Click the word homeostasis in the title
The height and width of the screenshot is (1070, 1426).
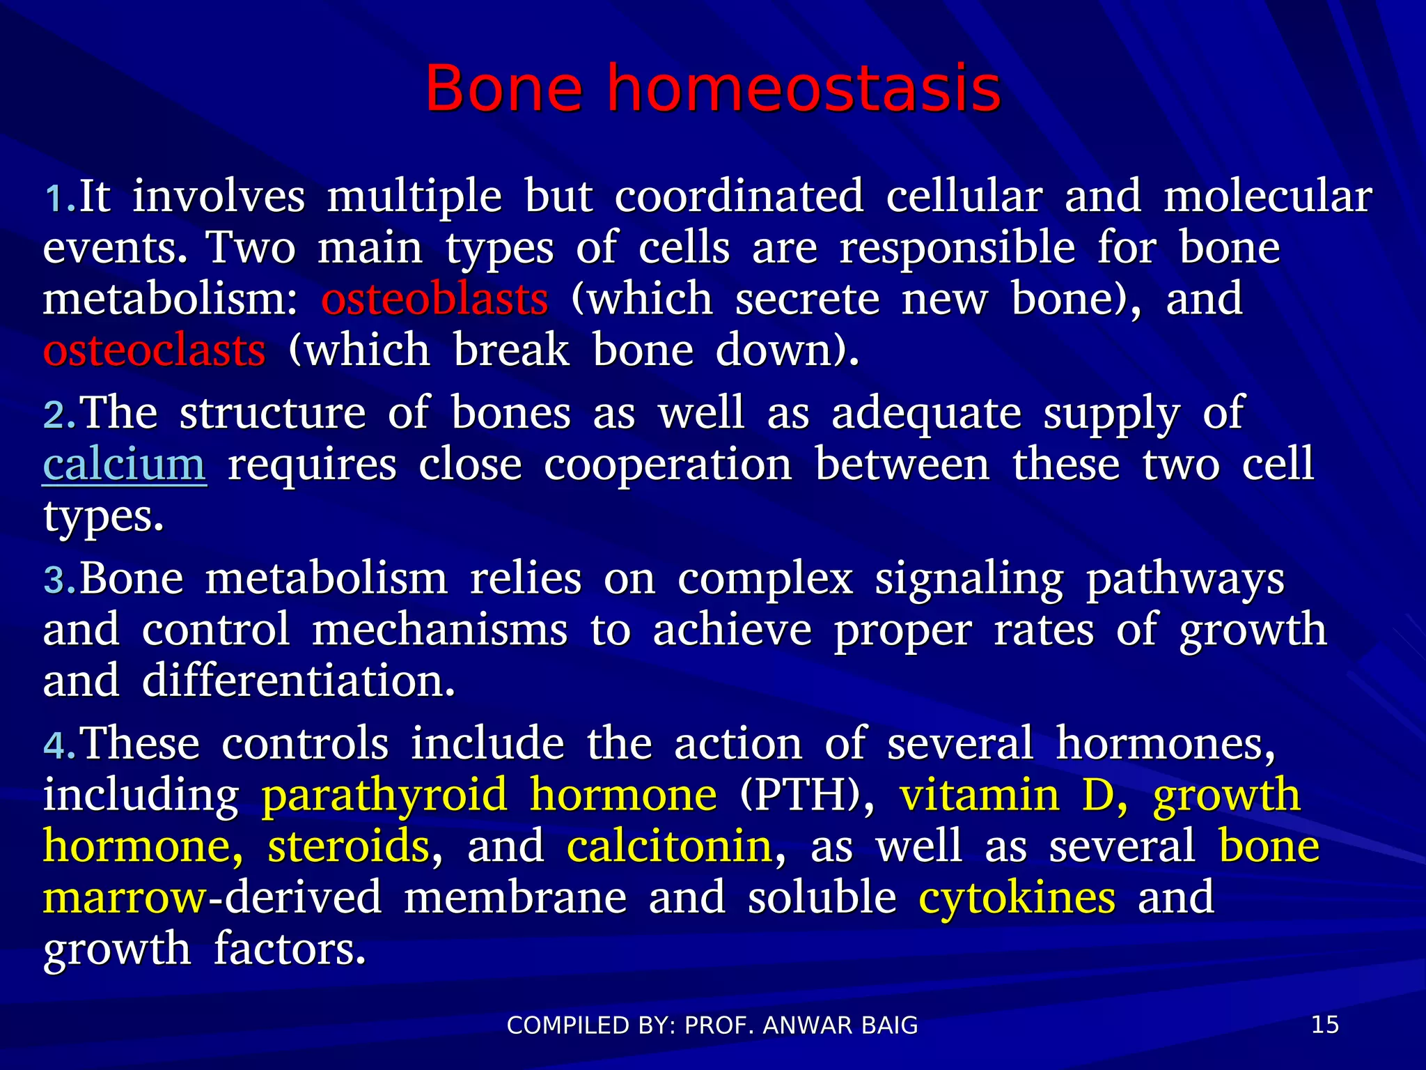(x=804, y=88)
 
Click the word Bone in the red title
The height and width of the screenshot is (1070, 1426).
(x=503, y=88)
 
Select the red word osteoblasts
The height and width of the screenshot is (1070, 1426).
(x=434, y=300)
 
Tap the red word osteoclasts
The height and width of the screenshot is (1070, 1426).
(x=154, y=350)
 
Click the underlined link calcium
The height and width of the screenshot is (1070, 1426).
(x=125, y=465)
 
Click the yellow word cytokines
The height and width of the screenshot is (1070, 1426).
(x=1017, y=899)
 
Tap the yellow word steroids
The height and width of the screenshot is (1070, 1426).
(x=349, y=847)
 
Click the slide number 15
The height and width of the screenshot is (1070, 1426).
(x=1324, y=1025)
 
